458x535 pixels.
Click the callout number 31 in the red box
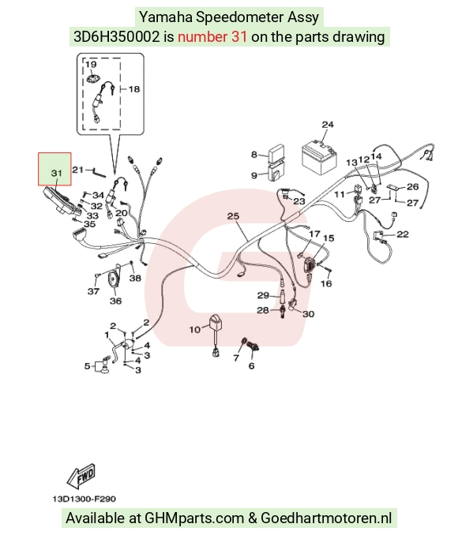[x=57, y=173]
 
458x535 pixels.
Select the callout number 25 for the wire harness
[x=233, y=216]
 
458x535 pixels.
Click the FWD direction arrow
[x=81, y=476]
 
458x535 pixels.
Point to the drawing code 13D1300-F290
[x=84, y=499]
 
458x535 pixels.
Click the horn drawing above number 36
[x=114, y=277]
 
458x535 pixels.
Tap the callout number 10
[x=195, y=330]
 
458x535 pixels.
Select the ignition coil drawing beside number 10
[x=215, y=335]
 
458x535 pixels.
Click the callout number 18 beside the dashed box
[x=134, y=89]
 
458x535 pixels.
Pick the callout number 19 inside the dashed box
[x=91, y=64]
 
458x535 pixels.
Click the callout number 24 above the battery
[x=328, y=125]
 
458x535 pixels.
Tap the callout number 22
[x=403, y=234]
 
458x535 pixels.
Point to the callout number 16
[x=326, y=283]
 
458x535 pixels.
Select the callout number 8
[x=254, y=155]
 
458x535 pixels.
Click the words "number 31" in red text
[x=212, y=36]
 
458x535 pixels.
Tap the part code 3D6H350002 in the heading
[x=116, y=36]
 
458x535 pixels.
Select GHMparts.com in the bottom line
[x=194, y=518]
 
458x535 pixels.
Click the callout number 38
[x=135, y=278]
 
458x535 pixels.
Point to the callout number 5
[x=88, y=366]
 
